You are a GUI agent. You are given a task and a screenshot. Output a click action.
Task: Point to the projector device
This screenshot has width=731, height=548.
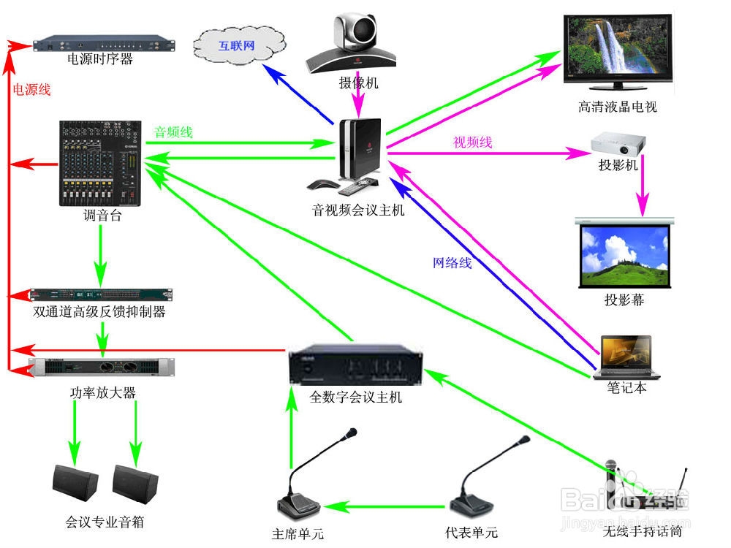click(617, 142)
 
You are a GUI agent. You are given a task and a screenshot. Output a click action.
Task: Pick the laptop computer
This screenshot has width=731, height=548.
click(629, 358)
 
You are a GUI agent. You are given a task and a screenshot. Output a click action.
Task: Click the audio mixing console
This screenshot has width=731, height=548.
click(101, 164)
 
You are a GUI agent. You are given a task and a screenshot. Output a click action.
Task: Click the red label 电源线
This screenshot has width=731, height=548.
click(31, 90)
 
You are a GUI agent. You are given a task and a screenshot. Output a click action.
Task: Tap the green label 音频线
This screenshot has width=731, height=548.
click(173, 132)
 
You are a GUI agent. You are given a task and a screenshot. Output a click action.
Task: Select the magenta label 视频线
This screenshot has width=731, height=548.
click(473, 142)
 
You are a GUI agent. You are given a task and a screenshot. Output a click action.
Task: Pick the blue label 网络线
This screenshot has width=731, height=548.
click(452, 263)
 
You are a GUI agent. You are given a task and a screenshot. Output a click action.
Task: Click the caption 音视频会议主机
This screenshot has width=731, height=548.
click(358, 211)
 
